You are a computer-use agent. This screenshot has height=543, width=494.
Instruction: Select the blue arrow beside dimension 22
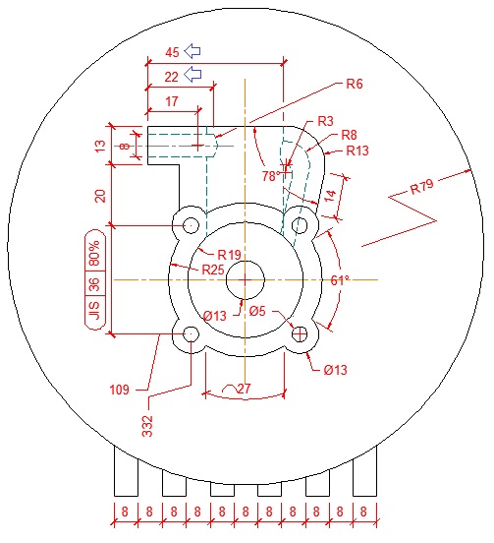pos(193,74)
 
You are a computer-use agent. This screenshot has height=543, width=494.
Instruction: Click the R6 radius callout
pos(355,85)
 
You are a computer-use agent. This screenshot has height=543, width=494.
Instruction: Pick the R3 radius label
pos(326,120)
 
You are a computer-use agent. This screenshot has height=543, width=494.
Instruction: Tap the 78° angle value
pos(272,175)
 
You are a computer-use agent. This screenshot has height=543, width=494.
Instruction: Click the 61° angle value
pos(341,280)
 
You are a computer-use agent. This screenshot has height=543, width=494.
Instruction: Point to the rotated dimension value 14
pos(331,195)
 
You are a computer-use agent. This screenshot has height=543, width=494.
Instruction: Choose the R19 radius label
pos(229,254)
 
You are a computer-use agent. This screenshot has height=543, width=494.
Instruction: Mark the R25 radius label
pos(212,269)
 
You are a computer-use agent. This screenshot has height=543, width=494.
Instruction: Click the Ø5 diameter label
pos(258,312)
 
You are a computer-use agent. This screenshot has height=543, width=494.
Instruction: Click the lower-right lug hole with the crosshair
pos(300,334)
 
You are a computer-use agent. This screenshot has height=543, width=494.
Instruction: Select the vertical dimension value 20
pos(99,194)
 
